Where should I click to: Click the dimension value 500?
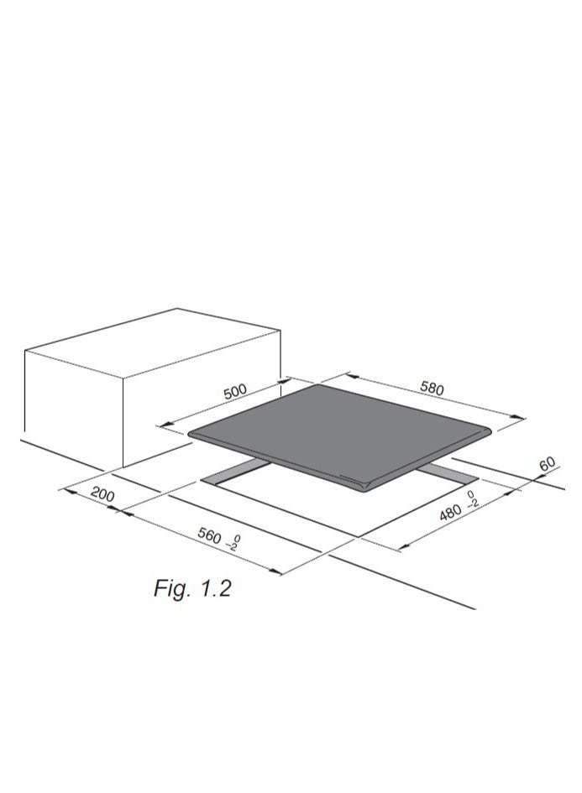click(235, 391)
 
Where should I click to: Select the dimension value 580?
click(432, 388)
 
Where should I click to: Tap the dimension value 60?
click(547, 464)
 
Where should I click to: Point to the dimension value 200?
click(102, 495)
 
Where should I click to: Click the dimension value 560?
click(209, 535)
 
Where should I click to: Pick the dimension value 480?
click(450, 513)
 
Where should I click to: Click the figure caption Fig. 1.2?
click(192, 588)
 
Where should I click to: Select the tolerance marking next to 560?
click(233, 543)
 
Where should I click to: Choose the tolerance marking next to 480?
click(472, 499)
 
